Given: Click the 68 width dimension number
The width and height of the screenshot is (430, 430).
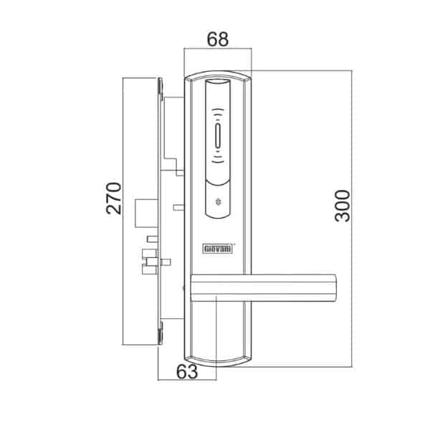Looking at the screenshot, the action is pos(217,39).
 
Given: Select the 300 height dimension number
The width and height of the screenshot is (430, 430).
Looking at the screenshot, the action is pos(343,206).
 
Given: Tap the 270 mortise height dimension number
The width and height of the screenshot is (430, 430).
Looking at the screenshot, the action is pos(113,198).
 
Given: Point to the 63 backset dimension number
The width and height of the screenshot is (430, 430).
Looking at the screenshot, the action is pos(187,372).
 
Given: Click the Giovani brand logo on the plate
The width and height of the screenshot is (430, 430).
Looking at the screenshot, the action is pos(218,249).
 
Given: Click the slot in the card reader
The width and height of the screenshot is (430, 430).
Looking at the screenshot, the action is pos(218,136).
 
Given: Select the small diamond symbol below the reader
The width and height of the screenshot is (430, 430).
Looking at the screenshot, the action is pos(219,202).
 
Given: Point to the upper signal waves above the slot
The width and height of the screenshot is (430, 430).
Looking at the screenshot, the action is pos(218,113).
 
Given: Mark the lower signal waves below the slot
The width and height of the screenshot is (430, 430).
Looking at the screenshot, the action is pos(218,159).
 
